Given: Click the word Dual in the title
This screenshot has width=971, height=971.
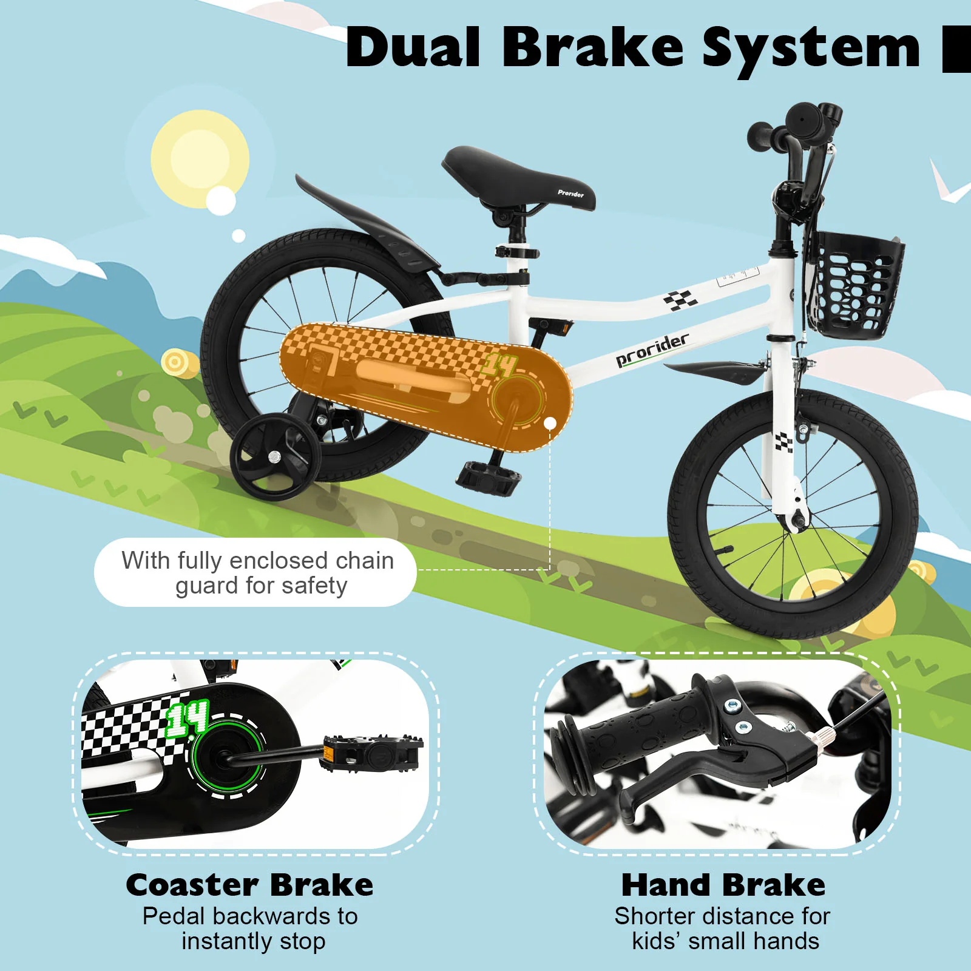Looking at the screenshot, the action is click(413, 47).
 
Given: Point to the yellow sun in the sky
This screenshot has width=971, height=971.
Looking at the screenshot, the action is click(200, 159).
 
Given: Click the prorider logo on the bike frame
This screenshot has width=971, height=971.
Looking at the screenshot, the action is click(652, 350).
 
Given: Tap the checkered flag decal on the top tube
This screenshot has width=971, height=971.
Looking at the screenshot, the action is click(680, 300).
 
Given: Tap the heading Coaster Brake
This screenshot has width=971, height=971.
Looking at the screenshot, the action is click(249, 885).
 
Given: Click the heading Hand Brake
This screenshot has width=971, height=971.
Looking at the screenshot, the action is click(723, 885).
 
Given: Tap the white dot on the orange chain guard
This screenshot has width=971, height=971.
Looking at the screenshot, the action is click(550, 424).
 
